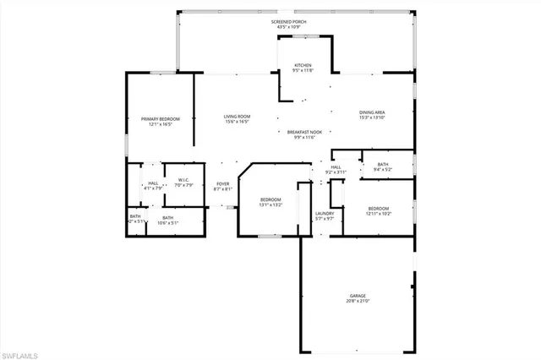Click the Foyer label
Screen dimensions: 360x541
click(x=223, y=185)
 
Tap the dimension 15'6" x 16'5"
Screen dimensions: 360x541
click(x=237, y=122)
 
